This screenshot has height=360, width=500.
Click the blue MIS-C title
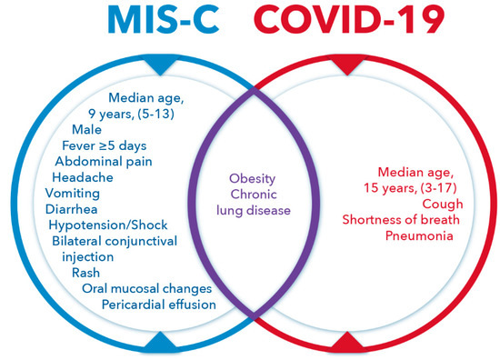point(164,19)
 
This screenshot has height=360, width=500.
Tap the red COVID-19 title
point(349,19)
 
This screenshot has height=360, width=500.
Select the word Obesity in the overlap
point(252,179)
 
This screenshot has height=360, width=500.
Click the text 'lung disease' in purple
point(254,210)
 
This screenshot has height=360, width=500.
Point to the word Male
point(86,130)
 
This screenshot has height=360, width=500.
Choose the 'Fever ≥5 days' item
point(105,145)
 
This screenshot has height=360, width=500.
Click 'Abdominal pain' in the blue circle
point(104,162)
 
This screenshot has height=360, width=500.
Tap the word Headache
point(83,177)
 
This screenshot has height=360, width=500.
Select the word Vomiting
point(73,194)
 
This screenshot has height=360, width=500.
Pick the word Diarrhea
point(72,209)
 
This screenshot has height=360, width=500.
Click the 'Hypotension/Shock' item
point(108,225)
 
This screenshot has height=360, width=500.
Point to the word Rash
point(85,273)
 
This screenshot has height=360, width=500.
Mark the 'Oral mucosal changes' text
point(147,289)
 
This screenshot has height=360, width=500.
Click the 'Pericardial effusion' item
point(159,305)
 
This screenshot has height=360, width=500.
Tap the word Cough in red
point(443,204)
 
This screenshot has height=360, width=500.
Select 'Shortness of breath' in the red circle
point(401,220)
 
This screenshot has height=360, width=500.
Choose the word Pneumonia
point(419,235)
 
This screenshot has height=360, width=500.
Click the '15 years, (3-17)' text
point(410,188)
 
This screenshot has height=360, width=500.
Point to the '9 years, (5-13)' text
point(132,114)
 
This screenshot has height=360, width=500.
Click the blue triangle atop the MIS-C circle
point(160,65)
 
